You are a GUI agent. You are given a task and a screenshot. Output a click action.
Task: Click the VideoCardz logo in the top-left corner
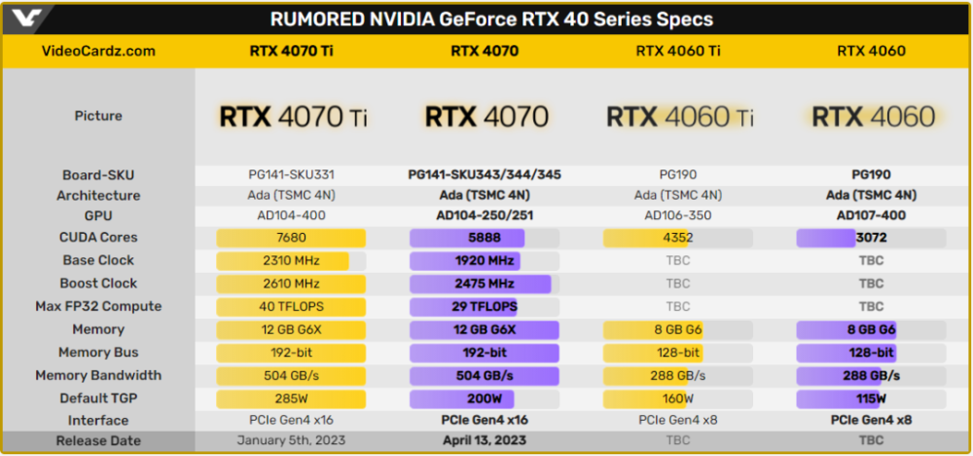(26, 19)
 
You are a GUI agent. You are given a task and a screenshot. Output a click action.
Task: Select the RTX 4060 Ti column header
(678, 51)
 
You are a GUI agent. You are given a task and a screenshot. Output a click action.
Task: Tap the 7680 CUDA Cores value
(291, 238)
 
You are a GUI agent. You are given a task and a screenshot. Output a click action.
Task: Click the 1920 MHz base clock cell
(485, 261)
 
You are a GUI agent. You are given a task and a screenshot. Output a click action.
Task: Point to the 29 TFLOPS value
(485, 307)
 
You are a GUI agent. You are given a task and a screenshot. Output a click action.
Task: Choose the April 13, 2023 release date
(485, 440)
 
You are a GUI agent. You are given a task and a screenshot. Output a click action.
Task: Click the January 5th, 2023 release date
(291, 440)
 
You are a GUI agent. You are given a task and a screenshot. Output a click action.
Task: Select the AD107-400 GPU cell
(871, 215)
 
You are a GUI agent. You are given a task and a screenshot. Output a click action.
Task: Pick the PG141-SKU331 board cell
(291, 174)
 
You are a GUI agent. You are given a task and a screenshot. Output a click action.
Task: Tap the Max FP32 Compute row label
(98, 306)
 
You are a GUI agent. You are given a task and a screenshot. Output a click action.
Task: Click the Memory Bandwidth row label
(98, 375)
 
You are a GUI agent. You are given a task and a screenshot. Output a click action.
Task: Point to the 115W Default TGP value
(871, 399)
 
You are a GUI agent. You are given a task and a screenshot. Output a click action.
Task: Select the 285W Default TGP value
(291, 399)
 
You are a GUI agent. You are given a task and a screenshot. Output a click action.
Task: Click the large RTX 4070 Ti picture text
(293, 116)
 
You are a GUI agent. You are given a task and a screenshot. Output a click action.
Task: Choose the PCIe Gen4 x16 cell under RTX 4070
(485, 421)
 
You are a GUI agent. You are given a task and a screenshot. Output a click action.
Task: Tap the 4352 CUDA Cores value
(678, 238)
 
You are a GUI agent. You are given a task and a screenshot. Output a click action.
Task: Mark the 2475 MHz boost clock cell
(485, 284)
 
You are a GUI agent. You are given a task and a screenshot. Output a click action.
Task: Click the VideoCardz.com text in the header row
(98, 51)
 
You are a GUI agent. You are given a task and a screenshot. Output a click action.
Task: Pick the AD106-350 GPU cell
(678, 215)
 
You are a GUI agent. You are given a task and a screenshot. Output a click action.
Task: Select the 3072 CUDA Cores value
(871, 238)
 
